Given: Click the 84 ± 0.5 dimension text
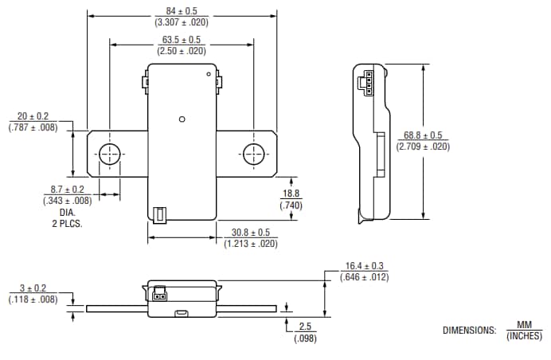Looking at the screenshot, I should pyautogui.click(x=181, y=11).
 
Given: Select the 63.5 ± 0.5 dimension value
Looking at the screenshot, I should pyautogui.click(x=181, y=39).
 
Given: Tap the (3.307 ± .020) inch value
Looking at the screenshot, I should pyautogui.click(x=181, y=22).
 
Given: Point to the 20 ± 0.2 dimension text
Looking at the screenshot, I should pyautogui.click(x=33, y=116).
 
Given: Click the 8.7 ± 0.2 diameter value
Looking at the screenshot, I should pyautogui.click(x=67, y=190).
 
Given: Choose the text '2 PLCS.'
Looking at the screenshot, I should pyautogui.click(x=67, y=224).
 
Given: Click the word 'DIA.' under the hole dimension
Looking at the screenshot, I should pyautogui.click(x=67, y=213).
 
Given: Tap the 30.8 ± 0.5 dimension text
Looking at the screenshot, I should pyautogui.click(x=251, y=233).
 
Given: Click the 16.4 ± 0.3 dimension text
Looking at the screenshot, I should pyautogui.click(x=365, y=266).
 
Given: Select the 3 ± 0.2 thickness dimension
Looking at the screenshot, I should pyautogui.click(x=33, y=288).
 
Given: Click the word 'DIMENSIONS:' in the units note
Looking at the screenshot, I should pyautogui.click(x=469, y=331).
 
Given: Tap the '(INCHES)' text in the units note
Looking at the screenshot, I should pyautogui.click(x=524, y=336).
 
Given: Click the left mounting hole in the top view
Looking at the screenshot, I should pyautogui.click(x=109, y=154).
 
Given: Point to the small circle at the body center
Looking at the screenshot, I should pyautogui.click(x=182, y=119).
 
